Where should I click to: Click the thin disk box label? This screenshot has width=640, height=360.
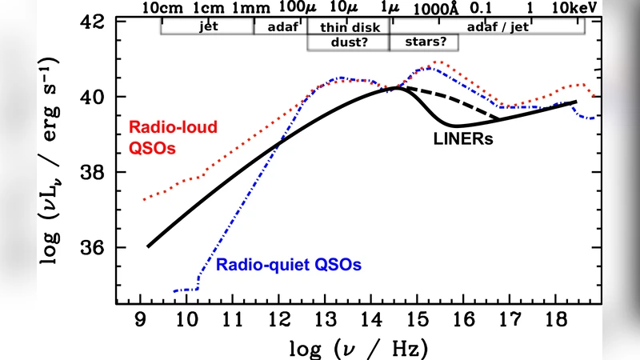pos(348,26)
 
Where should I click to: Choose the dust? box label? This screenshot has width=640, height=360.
pos(348,42)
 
